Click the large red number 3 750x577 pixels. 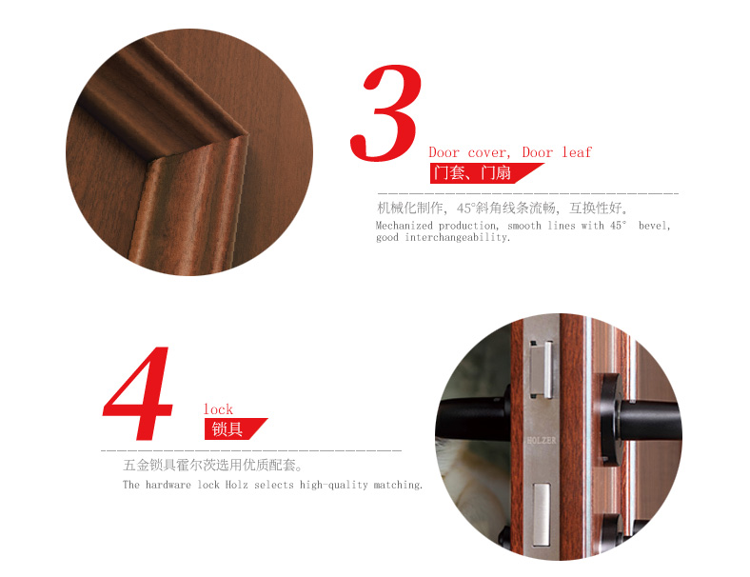coord(386,113)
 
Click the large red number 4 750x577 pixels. coord(138,392)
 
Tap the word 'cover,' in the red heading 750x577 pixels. coord(489,152)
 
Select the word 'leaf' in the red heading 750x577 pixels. coord(577,152)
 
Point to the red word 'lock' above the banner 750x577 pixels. coord(218,409)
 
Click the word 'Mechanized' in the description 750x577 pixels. coord(405,226)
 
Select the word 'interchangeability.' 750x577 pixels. coord(458,237)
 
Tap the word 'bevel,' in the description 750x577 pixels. coord(654,226)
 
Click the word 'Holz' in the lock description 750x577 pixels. coord(236,485)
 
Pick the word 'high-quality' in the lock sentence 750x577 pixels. coord(334,486)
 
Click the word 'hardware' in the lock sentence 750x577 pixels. coord(168,485)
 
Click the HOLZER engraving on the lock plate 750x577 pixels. coord(542,440)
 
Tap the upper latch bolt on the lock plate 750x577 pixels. coord(541,369)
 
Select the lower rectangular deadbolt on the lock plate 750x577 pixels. coord(542,514)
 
